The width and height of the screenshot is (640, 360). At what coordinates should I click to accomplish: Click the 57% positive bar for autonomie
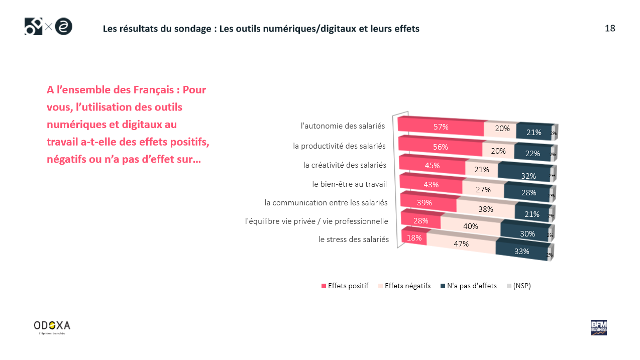pyautogui.click(x=441, y=127)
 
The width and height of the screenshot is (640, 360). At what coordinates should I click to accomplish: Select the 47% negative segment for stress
pyautogui.click(x=461, y=244)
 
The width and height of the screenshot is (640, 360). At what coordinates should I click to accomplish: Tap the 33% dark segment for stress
pyautogui.click(x=521, y=251)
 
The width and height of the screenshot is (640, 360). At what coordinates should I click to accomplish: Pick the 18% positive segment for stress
pyautogui.click(x=414, y=237)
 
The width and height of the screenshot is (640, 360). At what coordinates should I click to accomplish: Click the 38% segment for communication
pyautogui.click(x=486, y=209)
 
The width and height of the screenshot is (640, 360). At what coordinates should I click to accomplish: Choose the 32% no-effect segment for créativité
pyautogui.click(x=528, y=176)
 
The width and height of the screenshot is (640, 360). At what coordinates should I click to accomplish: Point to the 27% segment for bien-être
pyautogui.click(x=483, y=189)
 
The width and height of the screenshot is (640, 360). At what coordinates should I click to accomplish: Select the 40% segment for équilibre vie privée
pyautogui.click(x=471, y=226)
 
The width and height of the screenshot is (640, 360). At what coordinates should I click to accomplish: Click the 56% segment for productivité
pyautogui.click(x=440, y=147)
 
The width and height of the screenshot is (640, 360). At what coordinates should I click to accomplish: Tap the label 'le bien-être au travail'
pyautogui.click(x=349, y=184)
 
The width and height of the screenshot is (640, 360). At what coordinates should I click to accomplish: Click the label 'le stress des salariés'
pyautogui.click(x=354, y=239)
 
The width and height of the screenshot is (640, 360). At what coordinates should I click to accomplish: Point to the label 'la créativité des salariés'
pyautogui.click(x=345, y=165)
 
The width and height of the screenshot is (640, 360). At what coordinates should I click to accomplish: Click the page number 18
pyautogui.click(x=610, y=28)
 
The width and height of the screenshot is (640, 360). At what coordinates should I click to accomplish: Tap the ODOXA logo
pyautogui.click(x=52, y=326)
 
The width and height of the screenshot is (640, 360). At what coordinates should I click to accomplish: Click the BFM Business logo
pyautogui.click(x=599, y=327)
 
